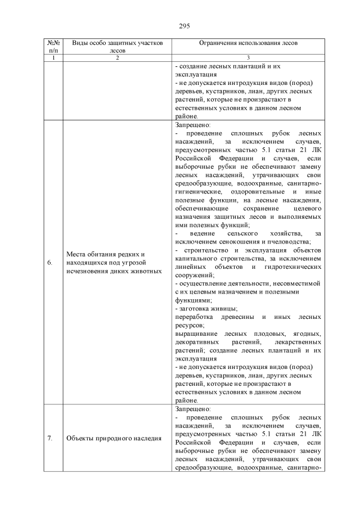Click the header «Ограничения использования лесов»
(x=248, y=43)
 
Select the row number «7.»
(x=49, y=439)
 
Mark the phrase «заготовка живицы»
(x=208, y=308)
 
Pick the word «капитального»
(x=197, y=258)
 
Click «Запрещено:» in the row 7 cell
(x=193, y=409)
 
